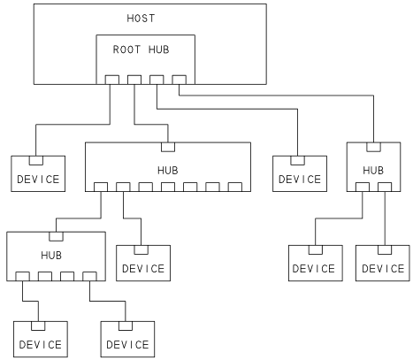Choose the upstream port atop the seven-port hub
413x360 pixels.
click(x=167, y=145)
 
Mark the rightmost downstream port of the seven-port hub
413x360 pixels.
click(x=235, y=187)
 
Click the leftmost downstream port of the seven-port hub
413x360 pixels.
click(x=100, y=187)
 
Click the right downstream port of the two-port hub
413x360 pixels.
click(x=386, y=187)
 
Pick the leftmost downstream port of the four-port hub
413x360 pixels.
click(x=22, y=277)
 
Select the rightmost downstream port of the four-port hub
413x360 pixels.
click(x=89, y=277)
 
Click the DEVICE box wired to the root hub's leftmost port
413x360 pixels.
click(x=37, y=173)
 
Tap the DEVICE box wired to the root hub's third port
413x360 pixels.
click(x=298, y=173)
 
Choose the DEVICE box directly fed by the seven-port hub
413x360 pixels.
click(x=142, y=262)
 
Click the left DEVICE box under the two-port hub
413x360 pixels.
click(x=314, y=262)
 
